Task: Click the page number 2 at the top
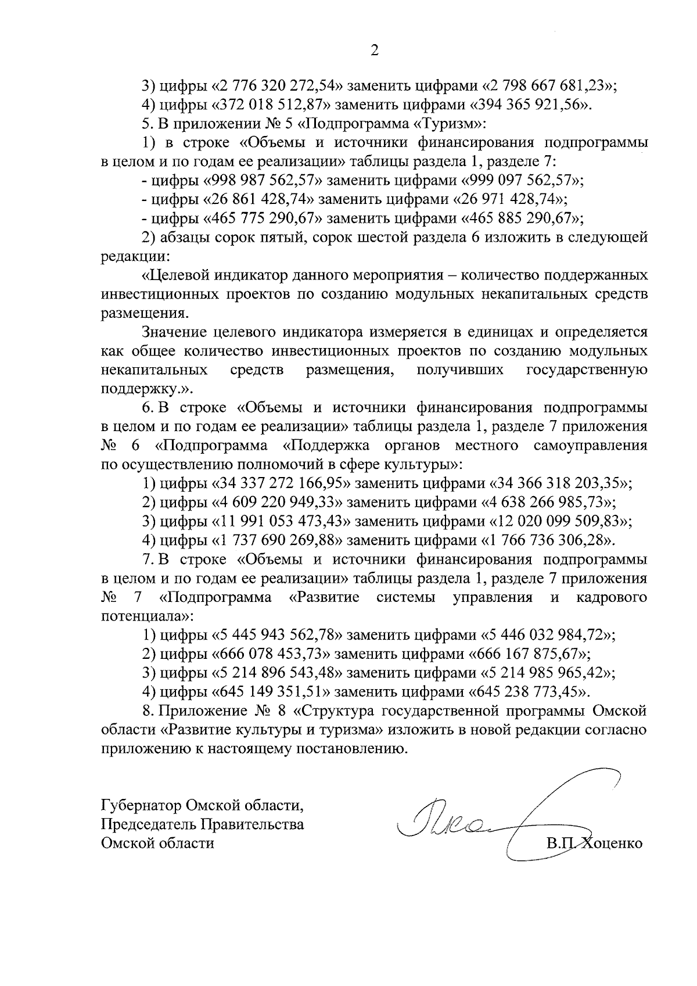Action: (374, 51)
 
